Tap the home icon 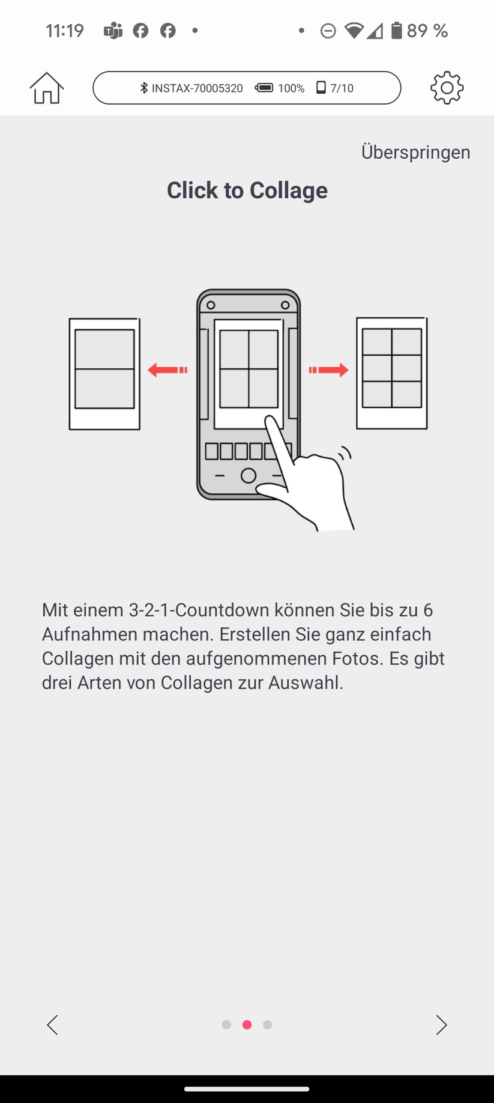point(46,88)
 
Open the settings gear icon point(447,88)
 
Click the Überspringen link point(415,152)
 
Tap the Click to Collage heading point(247,190)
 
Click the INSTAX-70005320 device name point(197,88)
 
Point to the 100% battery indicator point(280,88)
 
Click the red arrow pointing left point(167,370)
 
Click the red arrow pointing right point(328,370)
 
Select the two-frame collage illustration point(104,374)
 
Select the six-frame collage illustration point(391,373)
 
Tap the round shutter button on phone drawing point(248,476)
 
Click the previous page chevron point(53,1025)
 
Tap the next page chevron point(441,1025)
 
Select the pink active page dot point(247,1025)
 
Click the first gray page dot point(226,1025)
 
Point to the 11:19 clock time point(65,31)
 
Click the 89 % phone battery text point(427,31)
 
